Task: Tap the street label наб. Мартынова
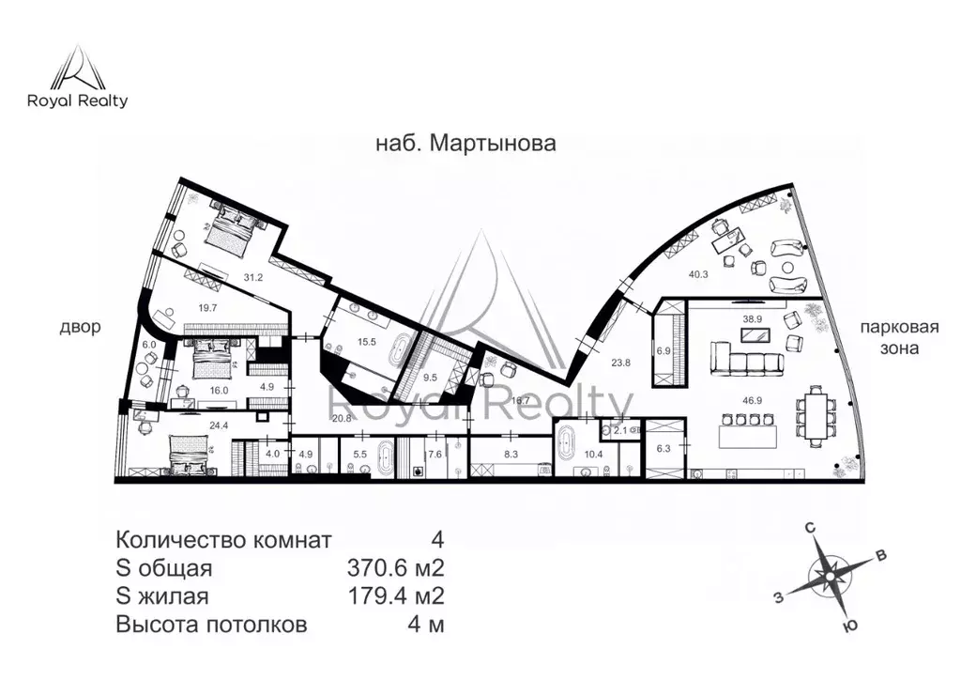(x=465, y=144)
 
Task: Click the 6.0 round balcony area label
(x=148, y=345)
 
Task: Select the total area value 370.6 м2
(x=395, y=569)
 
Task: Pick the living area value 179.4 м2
(x=395, y=597)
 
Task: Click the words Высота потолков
(x=210, y=626)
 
